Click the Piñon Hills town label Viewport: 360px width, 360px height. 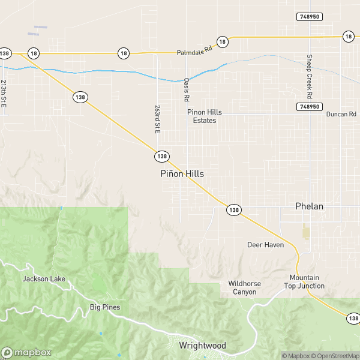[182, 173]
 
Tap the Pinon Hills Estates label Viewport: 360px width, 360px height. [201, 116]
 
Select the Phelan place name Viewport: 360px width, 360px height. [309, 206]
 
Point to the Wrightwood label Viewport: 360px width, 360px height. [202, 346]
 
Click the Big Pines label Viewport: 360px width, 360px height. [105, 307]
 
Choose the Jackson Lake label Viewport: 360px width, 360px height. [44, 279]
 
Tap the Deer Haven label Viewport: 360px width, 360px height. [265, 245]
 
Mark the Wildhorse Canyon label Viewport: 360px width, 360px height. [242, 287]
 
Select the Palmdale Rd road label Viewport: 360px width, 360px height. [195, 53]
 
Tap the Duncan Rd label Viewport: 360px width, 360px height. [341, 114]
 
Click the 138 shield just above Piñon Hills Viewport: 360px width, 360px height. [161, 156]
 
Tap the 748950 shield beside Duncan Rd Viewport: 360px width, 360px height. [307, 106]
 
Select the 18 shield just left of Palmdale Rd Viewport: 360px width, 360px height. [124, 53]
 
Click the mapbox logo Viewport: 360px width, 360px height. [26, 352]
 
